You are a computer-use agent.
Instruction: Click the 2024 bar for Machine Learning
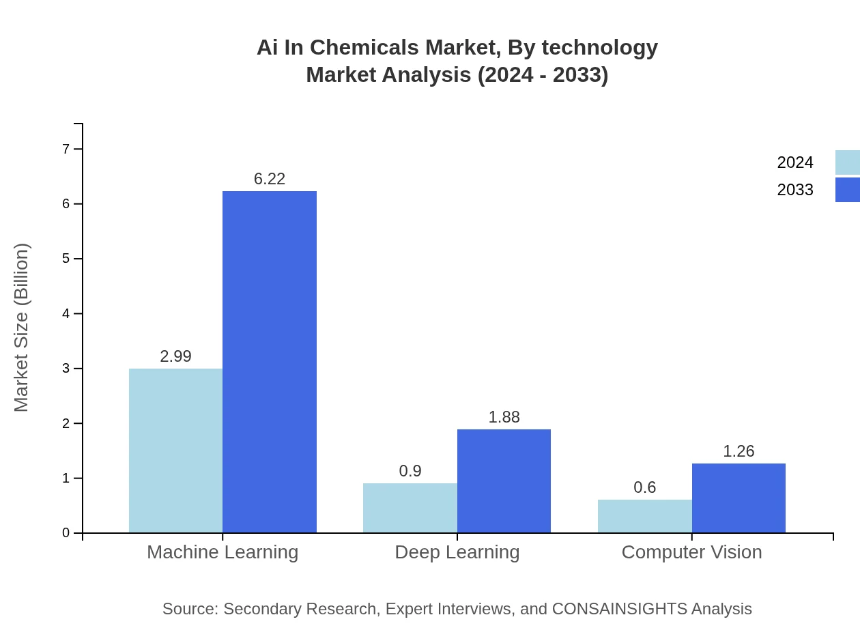coord(175,451)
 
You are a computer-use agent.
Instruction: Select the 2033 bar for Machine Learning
coord(270,362)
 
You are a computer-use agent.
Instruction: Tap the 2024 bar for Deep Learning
coord(410,508)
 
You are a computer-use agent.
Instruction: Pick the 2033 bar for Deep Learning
coord(504,481)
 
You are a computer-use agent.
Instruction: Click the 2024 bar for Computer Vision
coord(644,516)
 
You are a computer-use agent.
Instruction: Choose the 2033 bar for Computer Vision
coord(739,498)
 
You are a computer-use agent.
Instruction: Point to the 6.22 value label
coord(270,179)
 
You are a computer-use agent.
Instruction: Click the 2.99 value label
coord(175,356)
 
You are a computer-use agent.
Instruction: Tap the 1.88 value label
coord(504,417)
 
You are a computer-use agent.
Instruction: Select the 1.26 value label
coord(739,451)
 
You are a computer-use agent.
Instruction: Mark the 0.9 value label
coord(410,471)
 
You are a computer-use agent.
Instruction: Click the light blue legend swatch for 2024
coord(847,162)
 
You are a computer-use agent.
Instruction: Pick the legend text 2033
coord(795,190)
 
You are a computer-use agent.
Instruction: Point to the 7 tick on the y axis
coord(66,149)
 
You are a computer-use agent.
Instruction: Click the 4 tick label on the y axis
coord(66,314)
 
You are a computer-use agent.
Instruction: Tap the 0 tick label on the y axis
coord(66,533)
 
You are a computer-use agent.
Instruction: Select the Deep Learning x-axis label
coord(457,552)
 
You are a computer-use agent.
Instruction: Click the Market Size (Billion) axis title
coord(22,328)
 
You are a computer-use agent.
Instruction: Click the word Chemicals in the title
coord(365,48)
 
